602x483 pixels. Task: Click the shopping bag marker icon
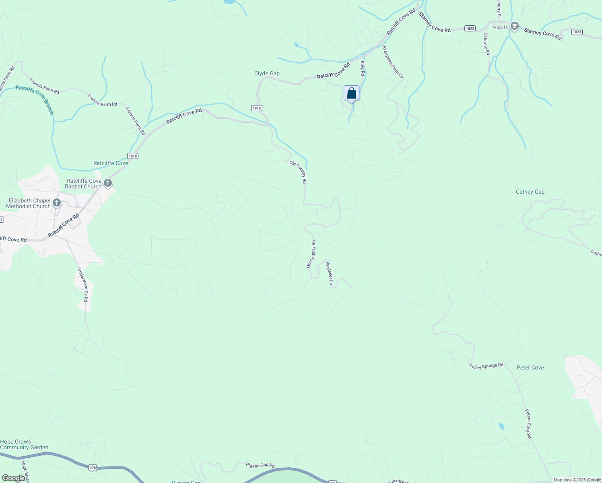(x=351, y=93)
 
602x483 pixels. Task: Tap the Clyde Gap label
(x=267, y=74)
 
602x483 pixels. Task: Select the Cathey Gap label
(x=530, y=192)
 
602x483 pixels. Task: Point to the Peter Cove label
(x=530, y=367)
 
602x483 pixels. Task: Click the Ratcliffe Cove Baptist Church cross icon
(x=107, y=184)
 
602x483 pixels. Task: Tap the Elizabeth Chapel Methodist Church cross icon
(x=57, y=203)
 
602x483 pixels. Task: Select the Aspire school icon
(x=514, y=27)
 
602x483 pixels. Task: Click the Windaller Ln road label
(x=329, y=273)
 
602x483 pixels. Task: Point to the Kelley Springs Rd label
(x=486, y=366)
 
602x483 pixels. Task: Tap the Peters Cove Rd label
(x=528, y=424)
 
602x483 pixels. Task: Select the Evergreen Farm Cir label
(x=393, y=62)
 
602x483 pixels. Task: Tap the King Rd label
(x=363, y=68)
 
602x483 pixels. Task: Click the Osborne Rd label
(x=487, y=44)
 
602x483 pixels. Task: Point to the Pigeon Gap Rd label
(x=260, y=465)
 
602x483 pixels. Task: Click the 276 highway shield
(x=93, y=467)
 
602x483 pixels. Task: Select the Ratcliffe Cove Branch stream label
(x=35, y=99)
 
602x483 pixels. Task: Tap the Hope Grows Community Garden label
(x=24, y=444)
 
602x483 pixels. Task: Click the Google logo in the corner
(x=13, y=478)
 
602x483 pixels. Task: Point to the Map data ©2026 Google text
(x=577, y=480)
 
